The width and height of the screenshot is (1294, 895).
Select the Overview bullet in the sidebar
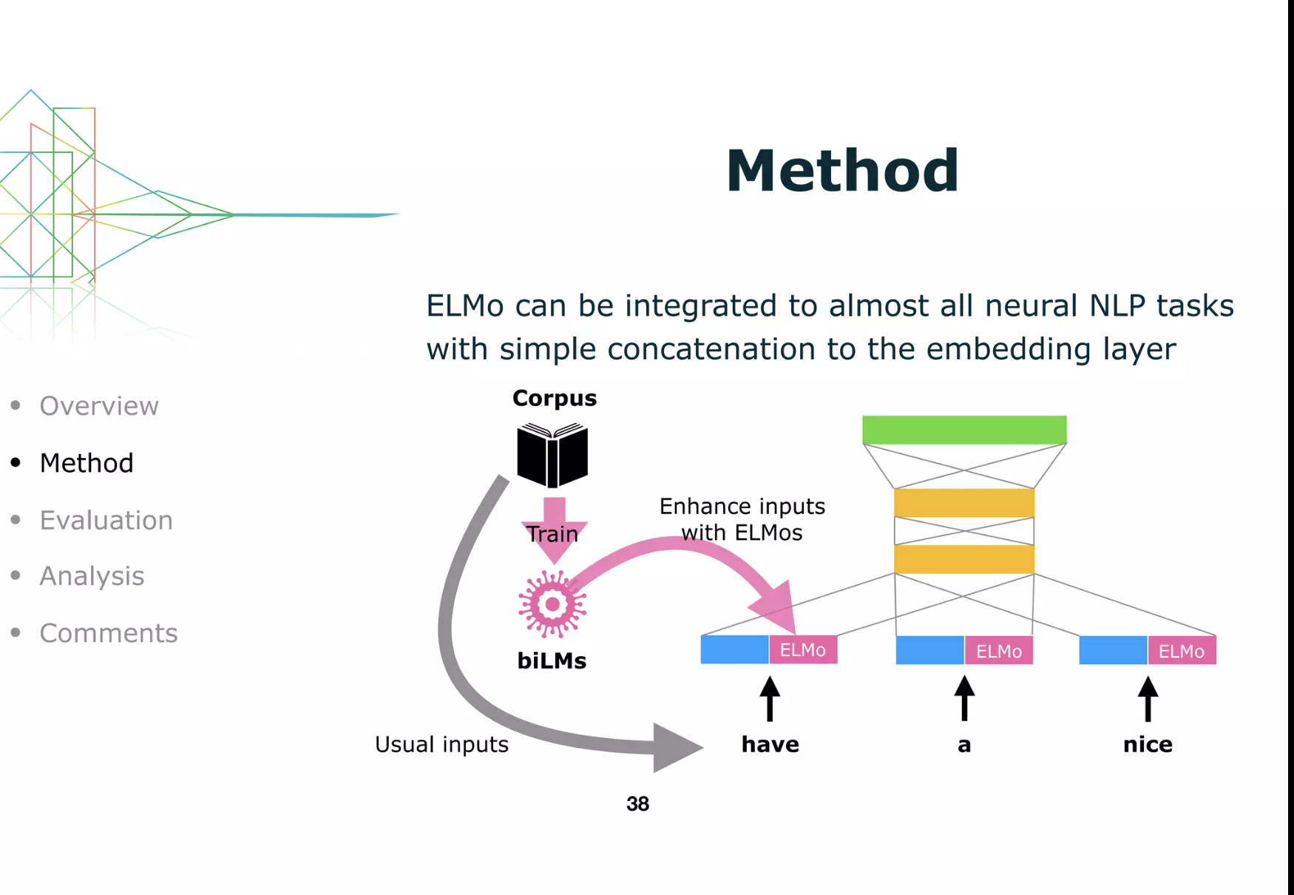(x=99, y=406)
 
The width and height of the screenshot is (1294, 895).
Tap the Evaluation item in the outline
(x=106, y=520)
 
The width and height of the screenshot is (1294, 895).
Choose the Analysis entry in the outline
(x=92, y=576)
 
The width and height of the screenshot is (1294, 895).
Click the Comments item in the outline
(x=109, y=633)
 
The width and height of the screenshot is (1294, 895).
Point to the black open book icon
(x=552, y=455)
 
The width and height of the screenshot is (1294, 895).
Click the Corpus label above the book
(x=555, y=399)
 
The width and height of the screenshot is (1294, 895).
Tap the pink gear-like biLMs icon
(x=552, y=604)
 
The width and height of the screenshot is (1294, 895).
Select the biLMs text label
(x=552, y=661)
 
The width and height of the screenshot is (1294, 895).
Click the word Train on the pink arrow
(x=552, y=533)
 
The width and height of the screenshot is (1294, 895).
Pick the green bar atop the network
(x=964, y=430)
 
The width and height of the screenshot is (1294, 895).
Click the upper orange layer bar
(x=964, y=503)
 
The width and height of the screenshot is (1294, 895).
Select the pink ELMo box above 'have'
(x=803, y=649)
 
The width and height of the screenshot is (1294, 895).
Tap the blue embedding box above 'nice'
(x=1114, y=650)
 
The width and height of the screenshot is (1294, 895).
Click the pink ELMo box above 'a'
(x=999, y=650)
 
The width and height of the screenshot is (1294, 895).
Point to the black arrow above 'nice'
(x=1148, y=699)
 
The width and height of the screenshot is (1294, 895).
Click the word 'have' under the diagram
(x=770, y=744)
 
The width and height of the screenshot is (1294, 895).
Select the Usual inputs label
(x=441, y=744)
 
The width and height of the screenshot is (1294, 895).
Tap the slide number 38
(x=637, y=804)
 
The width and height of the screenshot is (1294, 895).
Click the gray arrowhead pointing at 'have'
(x=677, y=747)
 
